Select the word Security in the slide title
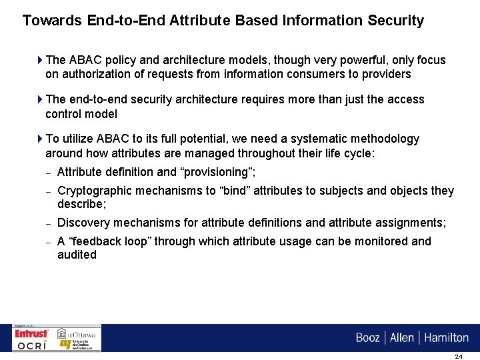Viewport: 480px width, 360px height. coord(395,21)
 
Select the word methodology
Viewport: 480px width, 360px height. coord(385,139)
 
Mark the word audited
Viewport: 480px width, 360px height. coord(77,255)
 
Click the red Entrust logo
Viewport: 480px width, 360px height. coord(31,333)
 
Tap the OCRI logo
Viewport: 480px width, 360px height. coord(32,345)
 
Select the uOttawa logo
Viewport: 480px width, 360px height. coord(77,333)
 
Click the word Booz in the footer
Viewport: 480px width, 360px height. coord(367,338)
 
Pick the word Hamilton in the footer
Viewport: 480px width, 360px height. coord(446,338)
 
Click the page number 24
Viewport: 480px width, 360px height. coord(458,356)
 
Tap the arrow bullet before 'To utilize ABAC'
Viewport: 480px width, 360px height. coord(40,139)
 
